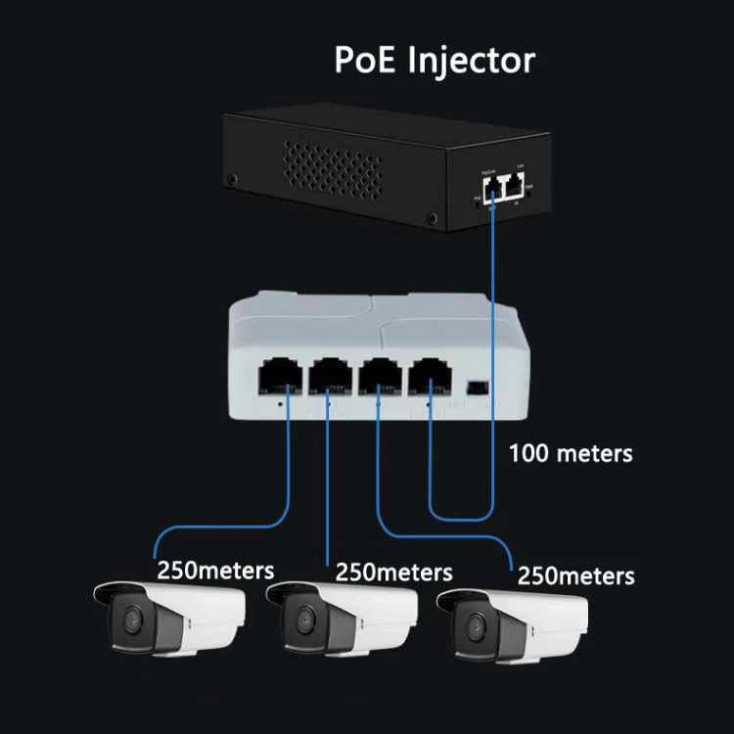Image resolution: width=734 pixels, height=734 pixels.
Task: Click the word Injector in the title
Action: click(474, 61)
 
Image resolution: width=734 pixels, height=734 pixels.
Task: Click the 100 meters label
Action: click(571, 454)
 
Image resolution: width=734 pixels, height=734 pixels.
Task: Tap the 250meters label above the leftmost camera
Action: click(215, 569)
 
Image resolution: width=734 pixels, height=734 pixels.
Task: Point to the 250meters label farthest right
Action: click(575, 574)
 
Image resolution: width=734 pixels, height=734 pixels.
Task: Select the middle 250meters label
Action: click(393, 571)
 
